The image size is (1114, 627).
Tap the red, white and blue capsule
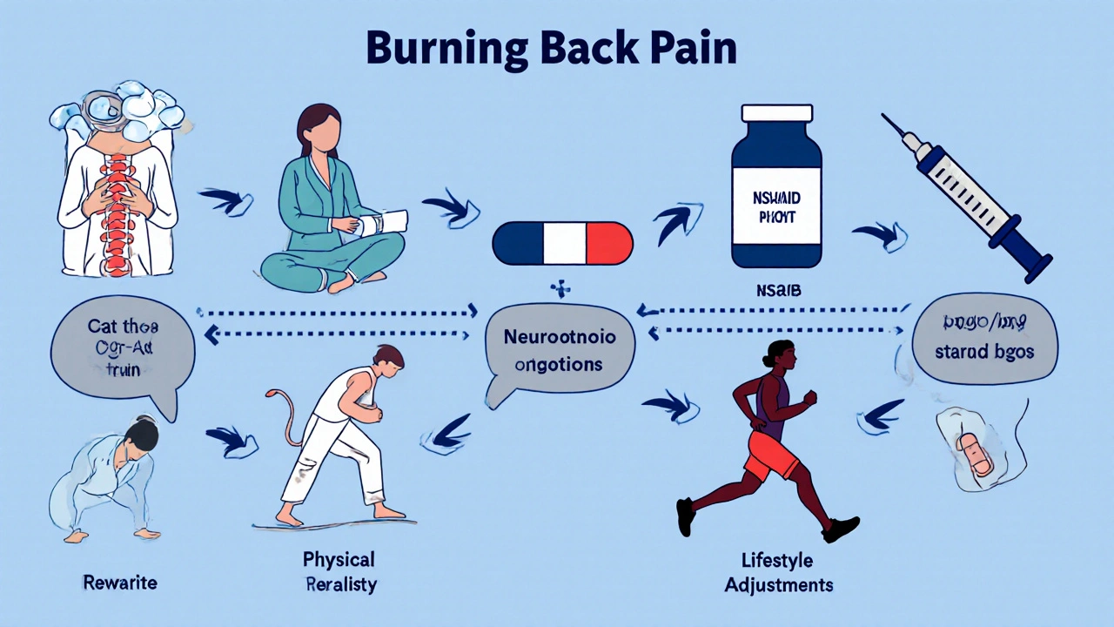pos(562,243)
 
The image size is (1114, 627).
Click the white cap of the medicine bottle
pos(775,114)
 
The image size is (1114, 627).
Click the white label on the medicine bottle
pos(775,209)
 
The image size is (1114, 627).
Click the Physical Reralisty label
pos(340,570)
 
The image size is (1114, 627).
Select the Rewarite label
pos(120,582)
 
